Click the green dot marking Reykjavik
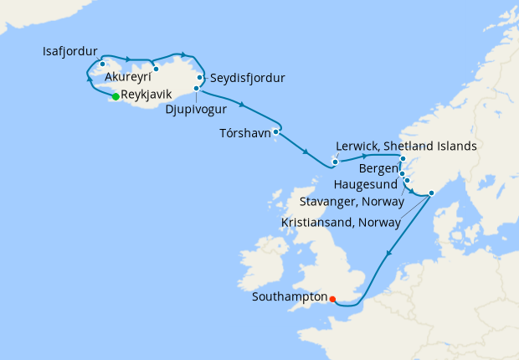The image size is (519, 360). (x=116, y=96)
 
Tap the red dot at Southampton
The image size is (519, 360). (x=332, y=299)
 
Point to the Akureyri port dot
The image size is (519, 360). (x=156, y=69)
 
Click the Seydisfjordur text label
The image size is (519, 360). (x=249, y=79)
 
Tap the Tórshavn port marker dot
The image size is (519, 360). (x=275, y=131)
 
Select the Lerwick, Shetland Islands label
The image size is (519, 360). (x=406, y=145)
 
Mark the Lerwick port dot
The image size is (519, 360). (x=334, y=162)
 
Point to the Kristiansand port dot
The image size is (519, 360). (x=431, y=193)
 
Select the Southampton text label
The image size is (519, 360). (x=289, y=296)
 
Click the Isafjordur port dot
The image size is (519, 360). (x=101, y=64)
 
